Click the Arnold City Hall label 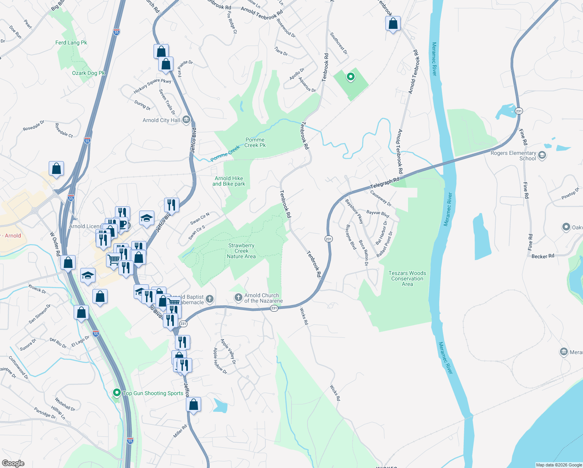tap(161, 120)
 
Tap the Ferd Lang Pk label tap(71, 43)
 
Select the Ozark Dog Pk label tap(88, 73)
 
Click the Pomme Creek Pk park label tap(255, 142)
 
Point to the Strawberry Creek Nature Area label tap(241, 251)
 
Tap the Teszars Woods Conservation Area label tap(407, 278)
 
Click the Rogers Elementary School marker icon tap(542, 156)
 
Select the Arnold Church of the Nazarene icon tap(238, 298)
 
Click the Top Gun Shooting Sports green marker tap(117, 392)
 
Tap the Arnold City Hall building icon tap(186, 120)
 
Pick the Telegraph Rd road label tap(385, 183)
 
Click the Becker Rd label tap(542, 256)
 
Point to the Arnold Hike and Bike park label tap(229, 181)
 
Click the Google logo tap(13, 463)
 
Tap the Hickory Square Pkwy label tap(152, 86)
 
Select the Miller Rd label tap(180, 431)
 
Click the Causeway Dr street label tap(381, 198)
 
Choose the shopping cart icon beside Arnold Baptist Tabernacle tap(174, 302)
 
